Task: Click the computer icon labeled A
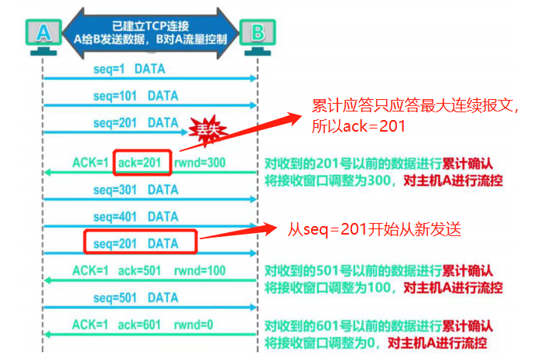tap(44, 34)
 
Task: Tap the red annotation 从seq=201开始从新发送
tap(375, 229)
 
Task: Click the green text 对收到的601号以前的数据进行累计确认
tap(379, 324)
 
